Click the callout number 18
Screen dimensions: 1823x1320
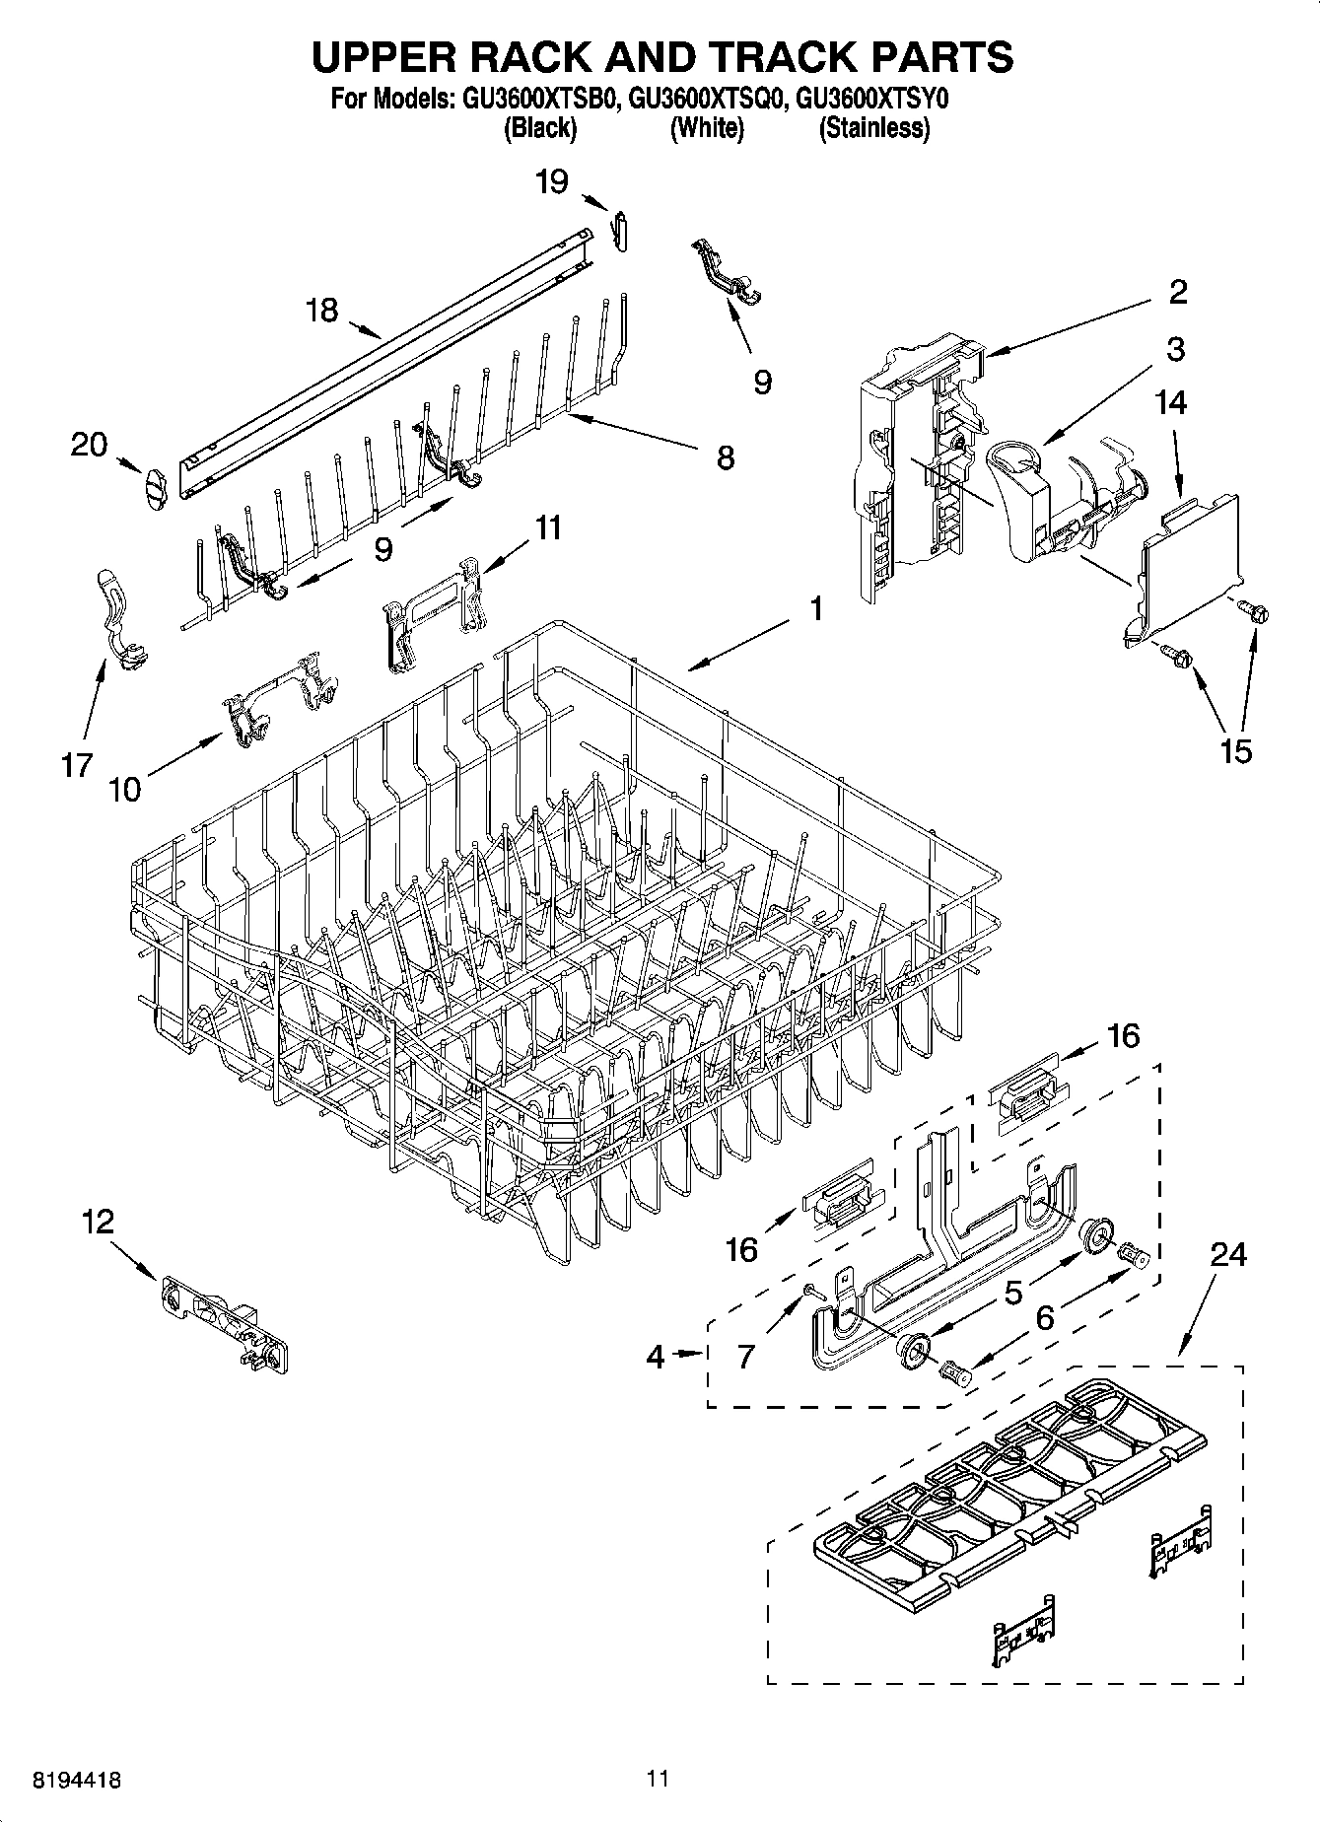[x=321, y=311]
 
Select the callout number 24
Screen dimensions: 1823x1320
[x=1228, y=1255]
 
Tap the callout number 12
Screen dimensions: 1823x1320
[x=98, y=1223]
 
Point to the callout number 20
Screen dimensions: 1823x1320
[x=89, y=446]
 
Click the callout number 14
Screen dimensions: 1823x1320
[x=1171, y=402]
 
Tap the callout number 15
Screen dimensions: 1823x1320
[x=1235, y=750]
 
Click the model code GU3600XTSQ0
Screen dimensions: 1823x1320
[x=706, y=100]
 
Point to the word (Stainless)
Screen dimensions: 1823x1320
[x=873, y=128]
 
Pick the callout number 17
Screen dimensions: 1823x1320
[x=77, y=764]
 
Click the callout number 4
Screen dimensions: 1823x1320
[x=656, y=1357]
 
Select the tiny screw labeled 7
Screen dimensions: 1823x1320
[x=809, y=1290]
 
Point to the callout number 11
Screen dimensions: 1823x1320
[x=548, y=527]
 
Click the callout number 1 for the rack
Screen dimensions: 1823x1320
[x=815, y=608]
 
